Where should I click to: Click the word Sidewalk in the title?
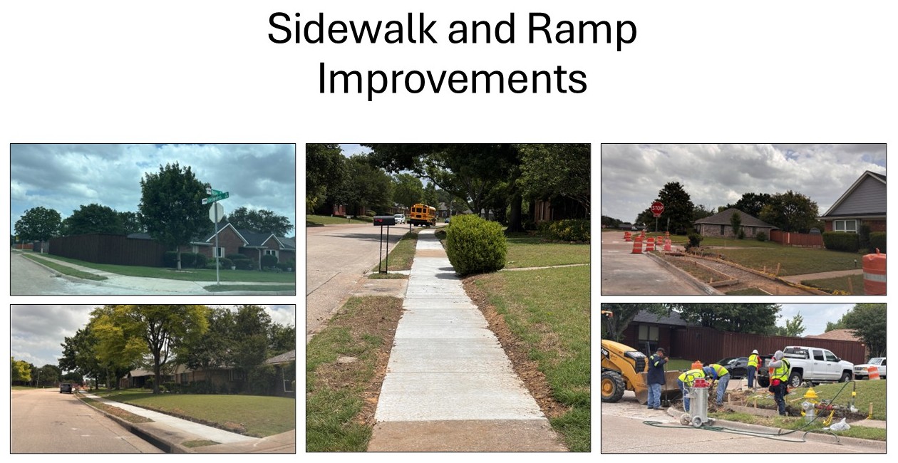click(352, 28)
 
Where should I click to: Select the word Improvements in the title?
click(452, 79)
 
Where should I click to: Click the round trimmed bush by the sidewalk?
click(476, 245)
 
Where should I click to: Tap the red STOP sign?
click(657, 208)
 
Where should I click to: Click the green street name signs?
click(217, 197)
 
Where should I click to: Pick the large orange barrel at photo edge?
click(874, 272)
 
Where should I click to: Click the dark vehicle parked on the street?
click(66, 387)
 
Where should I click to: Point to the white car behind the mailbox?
click(400, 218)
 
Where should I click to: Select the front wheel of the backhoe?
click(612, 387)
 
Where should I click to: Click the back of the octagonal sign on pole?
click(217, 213)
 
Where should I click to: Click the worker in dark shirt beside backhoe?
click(656, 378)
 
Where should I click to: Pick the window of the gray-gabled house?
click(845, 226)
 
